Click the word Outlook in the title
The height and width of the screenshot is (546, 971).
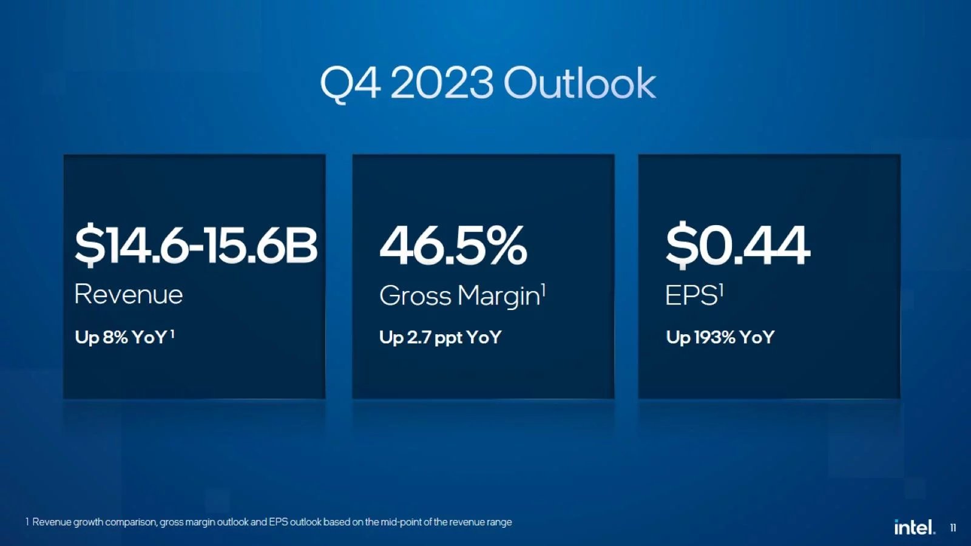point(580,83)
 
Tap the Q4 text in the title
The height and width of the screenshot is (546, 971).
point(350,83)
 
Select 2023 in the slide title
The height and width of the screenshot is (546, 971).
point(442,83)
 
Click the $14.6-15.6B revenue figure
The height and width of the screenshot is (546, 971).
point(195,244)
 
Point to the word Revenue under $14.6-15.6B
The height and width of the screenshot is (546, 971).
point(128,295)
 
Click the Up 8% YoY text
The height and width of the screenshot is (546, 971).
point(121,337)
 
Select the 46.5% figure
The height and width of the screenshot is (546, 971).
point(453,245)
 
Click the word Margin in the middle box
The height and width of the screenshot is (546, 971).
point(498,297)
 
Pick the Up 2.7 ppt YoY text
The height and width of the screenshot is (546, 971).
point(440,337)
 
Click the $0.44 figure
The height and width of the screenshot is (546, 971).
point(737,245)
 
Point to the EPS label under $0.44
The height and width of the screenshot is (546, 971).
point(691,296)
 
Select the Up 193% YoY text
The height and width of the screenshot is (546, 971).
point(720,337)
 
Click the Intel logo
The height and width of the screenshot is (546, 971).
point(914,527)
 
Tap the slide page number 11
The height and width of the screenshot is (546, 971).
point(953,528)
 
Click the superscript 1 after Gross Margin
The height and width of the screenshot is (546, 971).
point(544,291)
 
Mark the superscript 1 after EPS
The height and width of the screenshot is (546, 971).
point(722,291)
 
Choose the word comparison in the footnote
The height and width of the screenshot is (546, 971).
point(130,522)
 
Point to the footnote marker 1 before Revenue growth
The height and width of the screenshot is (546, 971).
point(27,522)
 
